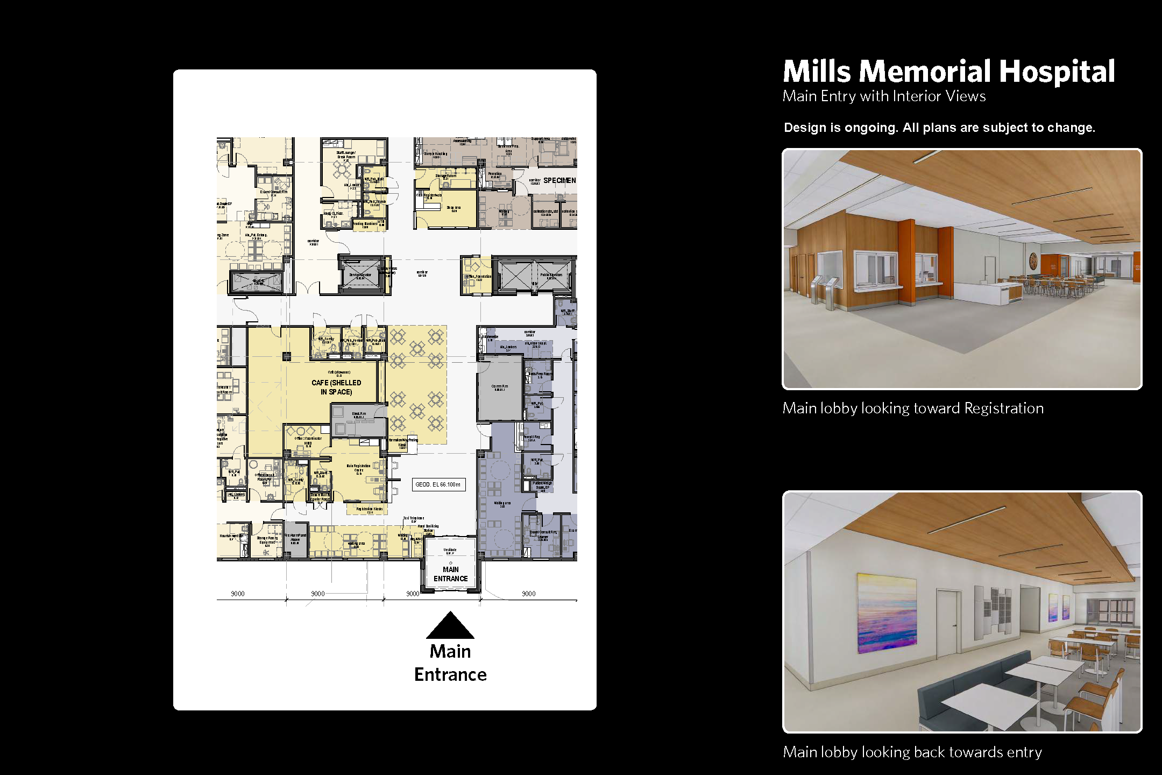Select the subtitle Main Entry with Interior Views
[x=884, y=96]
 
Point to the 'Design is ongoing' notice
[x=939, y=128]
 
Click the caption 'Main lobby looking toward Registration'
[x=913, y=408]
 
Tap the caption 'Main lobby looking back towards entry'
[x=912, y=752]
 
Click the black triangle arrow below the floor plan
[x=450, y=626]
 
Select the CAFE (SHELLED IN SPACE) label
[x=336, y=387]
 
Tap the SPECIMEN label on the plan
[x=559, y=180]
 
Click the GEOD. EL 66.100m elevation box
[x=438, y=484]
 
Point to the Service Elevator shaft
[x=360, y=276]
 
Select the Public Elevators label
[x=551, y=275]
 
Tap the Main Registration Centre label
[x=358, y=468]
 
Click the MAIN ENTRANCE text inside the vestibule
[x=451, y=574]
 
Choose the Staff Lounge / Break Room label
[x=346, y=155]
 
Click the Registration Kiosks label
[x=370, y=509]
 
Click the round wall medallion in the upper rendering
[x=1033, y=260]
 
